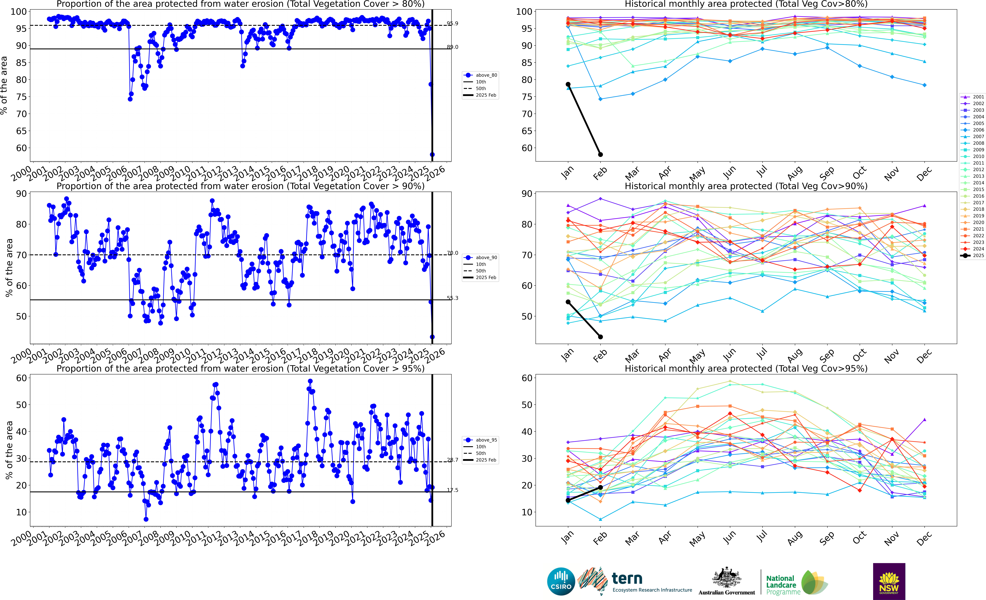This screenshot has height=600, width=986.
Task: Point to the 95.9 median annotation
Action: [453, 24]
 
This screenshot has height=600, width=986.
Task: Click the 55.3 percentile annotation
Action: [453, 298]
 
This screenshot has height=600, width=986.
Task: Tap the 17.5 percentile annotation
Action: [453, 490]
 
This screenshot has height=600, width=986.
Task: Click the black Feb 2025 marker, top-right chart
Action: [600, 154]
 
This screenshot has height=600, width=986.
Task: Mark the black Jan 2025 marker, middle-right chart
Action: [568, 302]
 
